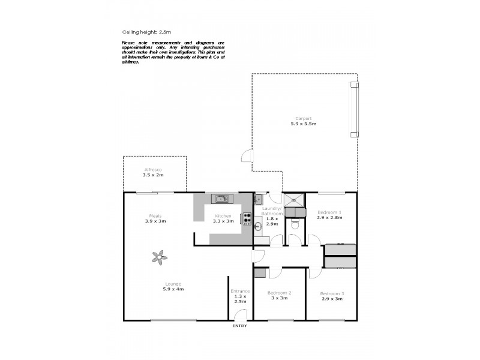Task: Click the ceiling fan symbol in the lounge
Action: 160,257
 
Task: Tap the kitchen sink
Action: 220,199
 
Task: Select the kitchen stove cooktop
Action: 247,219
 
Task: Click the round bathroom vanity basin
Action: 259,226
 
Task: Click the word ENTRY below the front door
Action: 240,326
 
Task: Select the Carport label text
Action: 303,118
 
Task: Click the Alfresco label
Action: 153,170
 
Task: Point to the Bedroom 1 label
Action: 329,212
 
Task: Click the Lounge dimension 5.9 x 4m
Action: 173,289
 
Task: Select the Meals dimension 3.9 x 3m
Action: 155,221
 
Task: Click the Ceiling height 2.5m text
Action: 143,32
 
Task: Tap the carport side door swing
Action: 247,157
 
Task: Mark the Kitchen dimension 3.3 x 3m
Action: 223,221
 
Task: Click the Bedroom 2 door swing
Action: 274,273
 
